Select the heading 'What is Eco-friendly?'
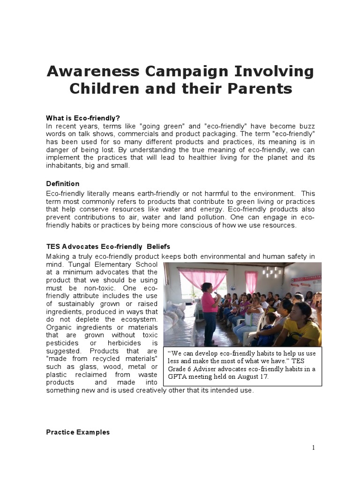pos(86,118)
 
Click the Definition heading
pos(63,184)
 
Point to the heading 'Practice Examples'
pos(78,432)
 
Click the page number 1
pos(314,448)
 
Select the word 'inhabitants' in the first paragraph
pos(64,166)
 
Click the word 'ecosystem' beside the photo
pos(135,319)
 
